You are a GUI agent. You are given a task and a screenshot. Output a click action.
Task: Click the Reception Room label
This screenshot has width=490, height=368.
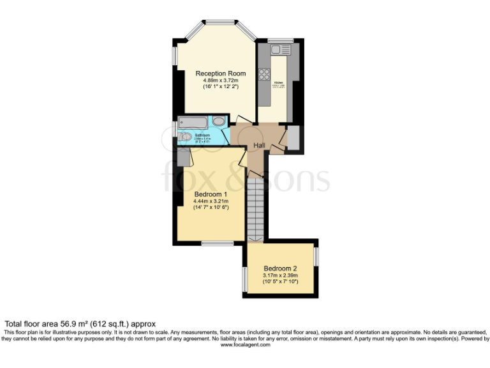click(x=220, y=73)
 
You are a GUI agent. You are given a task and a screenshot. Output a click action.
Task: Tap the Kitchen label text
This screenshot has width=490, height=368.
click(x=278, y=83)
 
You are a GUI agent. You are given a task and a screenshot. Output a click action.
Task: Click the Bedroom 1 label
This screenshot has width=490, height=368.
click(x=211, y=194)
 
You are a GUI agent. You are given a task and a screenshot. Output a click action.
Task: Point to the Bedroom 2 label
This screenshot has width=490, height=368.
click(x=281, y=268)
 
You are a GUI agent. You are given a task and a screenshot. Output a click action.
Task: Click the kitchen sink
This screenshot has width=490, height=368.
click(x=276, y=50)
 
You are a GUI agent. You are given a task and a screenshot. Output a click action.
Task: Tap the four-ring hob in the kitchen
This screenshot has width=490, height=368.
click(x=264, y=74)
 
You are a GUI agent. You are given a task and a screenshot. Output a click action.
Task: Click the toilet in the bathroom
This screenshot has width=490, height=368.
click(x=185, y=136)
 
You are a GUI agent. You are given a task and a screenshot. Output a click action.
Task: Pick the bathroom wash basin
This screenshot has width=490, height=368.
click(x=218, y=121)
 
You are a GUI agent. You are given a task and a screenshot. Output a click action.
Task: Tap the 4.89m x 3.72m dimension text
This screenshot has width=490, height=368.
click(x=220, y=80)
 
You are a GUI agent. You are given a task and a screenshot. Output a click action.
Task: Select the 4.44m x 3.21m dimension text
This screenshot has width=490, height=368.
click(x=211, y=201)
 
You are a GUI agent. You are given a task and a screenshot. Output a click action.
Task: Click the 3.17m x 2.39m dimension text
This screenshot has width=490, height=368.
click(x=281, y=275)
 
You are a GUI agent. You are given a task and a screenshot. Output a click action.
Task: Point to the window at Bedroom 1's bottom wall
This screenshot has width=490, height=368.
click(x=212, y=243)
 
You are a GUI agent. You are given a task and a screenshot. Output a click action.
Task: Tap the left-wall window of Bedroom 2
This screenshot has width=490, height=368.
click(x=245, y=279)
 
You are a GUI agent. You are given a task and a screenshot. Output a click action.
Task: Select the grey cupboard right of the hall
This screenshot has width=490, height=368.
click(x=293, y=137)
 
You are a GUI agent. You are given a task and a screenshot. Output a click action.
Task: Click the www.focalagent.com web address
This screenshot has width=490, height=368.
click(x=245, y=345)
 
